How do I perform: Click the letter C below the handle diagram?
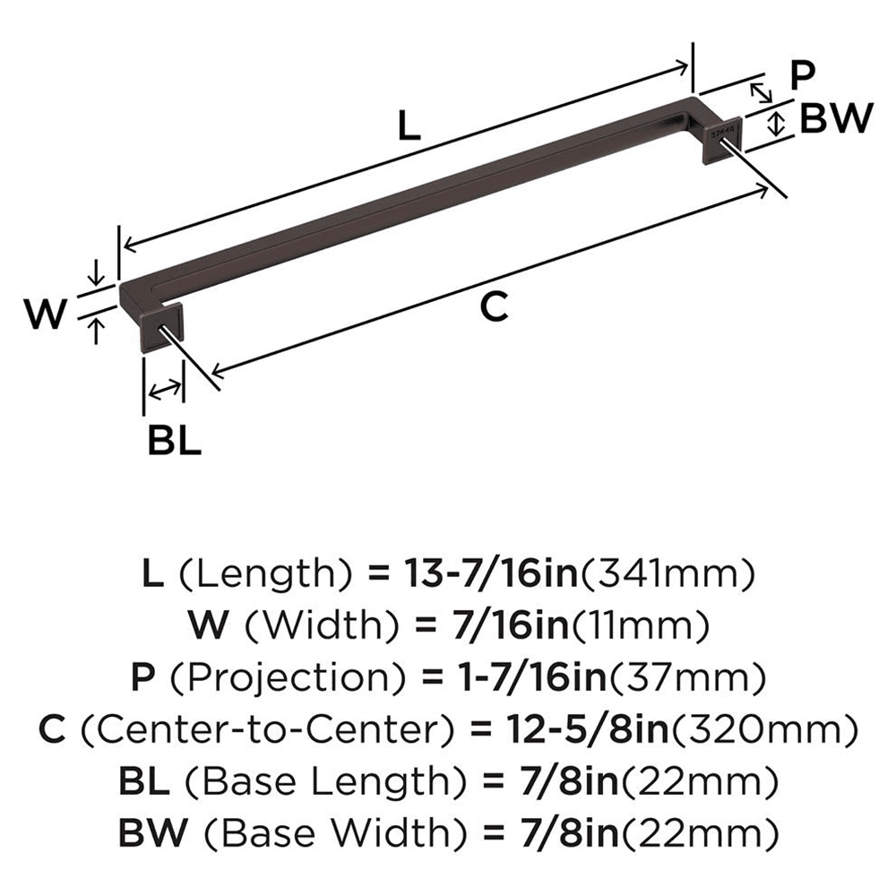494,307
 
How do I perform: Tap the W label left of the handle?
45,315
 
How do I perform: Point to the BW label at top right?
835,118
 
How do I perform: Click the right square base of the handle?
721,139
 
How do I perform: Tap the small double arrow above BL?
163,390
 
